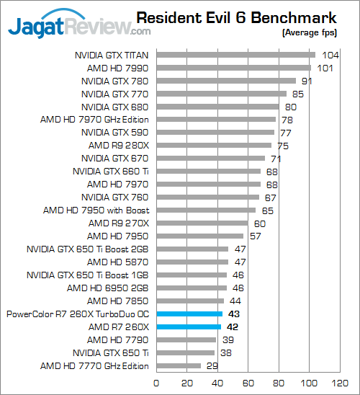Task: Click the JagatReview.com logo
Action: point(79,24)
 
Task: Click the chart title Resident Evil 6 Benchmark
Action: point(236,17)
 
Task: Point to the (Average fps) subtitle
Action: point(310,32)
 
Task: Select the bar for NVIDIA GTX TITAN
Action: point(235,55)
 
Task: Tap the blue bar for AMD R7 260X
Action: point(189,327)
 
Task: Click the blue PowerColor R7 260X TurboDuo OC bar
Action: point(189,314)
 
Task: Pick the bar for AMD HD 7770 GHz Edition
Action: point(179,365)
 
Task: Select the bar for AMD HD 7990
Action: point(234,68)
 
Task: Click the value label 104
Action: point(330,56)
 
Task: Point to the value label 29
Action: point(212,365)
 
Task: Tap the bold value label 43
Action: point(234,314)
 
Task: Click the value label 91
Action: point(307,81)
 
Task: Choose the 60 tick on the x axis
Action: point(248,383)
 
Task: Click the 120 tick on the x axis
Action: point(340,383)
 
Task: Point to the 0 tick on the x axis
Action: point(156,383)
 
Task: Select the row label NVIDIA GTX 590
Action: point(115,133)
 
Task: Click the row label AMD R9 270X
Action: point(119,223)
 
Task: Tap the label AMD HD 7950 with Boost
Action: point(96,210)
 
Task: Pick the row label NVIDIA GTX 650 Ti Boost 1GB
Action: point(88,275)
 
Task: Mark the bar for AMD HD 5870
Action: point(192,262)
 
